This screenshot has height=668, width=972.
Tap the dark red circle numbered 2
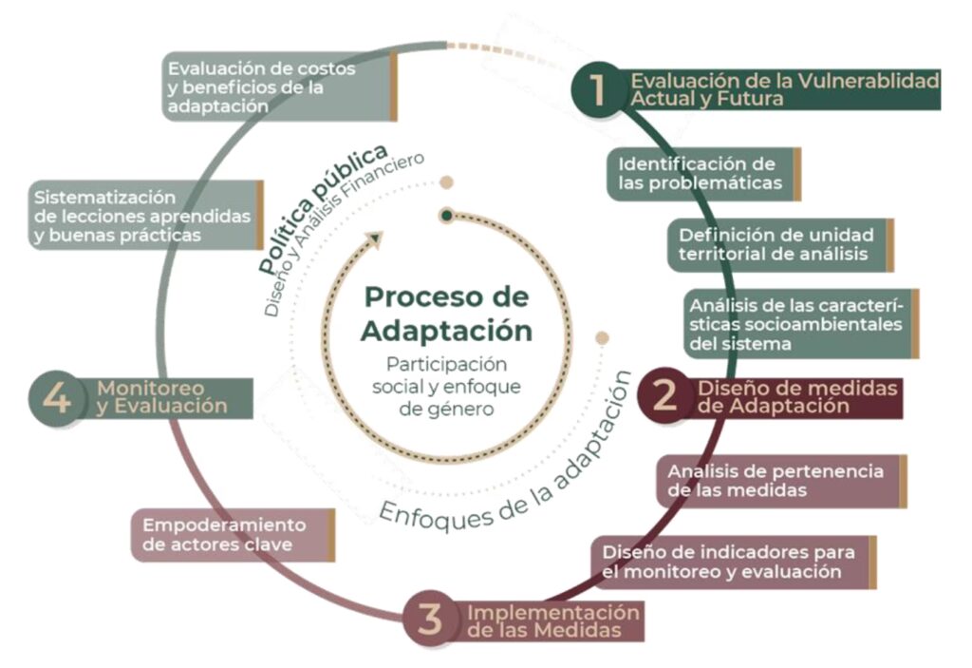pos(667,396)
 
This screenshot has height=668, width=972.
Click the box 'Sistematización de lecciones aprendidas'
pos(143,215)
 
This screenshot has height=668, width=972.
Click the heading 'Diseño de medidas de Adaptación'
pos(798,397)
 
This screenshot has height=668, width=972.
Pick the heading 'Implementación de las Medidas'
pos(552,620)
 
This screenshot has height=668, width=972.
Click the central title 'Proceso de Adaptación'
pos(447,313)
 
